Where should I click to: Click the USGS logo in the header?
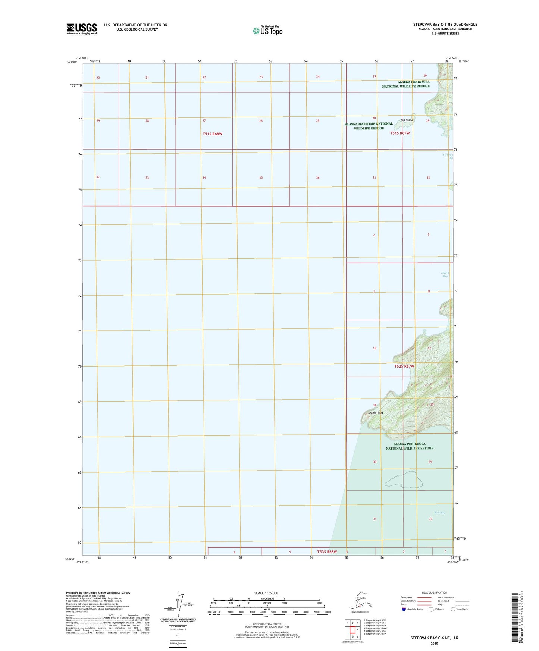pyautogui.click(x=82, y=29)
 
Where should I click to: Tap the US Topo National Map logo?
pyautogui.click(x=267, y=30)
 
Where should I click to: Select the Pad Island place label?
pyautogui.click(x=407, y=120)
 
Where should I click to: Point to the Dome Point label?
pyautogui.click(x=376, y=413)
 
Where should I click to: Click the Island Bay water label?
pyautogui.click(x=445, y=274)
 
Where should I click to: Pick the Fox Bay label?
pyautogui.click(x=440, y=513)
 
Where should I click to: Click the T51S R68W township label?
pyautogui.click(x=212, y=134)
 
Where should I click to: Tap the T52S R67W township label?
pyautogui.click(x=404, y=366)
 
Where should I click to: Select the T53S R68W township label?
pyautogui.click(x=327, y=551)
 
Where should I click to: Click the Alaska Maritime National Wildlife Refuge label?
pyautogui.click(x=369, y=126)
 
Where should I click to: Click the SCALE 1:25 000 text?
pyautogui.click(x=266, y=593)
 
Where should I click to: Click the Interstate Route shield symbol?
pyautogui.click(x=404, y=609)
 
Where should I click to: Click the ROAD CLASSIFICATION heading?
pyautogui.click(x=434, y=592)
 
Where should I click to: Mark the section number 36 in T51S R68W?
pyautogui.click(x=318, y=178)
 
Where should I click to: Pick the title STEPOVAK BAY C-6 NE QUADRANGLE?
pyautogui.click(x=445, y=25)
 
